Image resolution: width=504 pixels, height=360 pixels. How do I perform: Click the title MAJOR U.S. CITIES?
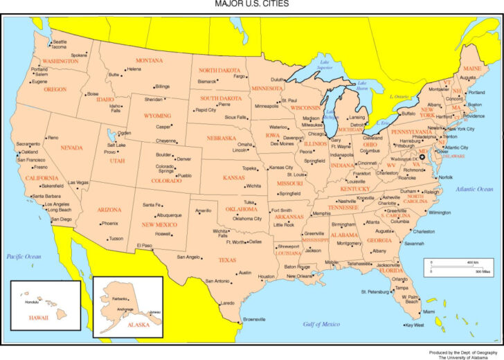click(x=251, y=4)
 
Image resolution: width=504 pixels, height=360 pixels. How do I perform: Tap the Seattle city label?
click(x=60, y=42)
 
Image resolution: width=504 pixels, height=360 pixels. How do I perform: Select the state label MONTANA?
click(x=150, y=61)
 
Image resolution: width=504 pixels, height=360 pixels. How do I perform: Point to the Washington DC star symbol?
click(x=422, y=157)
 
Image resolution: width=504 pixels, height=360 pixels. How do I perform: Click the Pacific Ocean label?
click(x=24, y=257)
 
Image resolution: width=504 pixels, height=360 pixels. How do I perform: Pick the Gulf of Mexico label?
click(x=321, y=323)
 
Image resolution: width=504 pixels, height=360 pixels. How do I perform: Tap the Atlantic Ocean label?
click(x=474, y=188)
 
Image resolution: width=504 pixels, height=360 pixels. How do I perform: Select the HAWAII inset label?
click(x=39, y=317)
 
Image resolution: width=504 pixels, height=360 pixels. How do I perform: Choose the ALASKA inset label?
click(x=138, y=323)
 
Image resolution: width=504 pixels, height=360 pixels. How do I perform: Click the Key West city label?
click(x=414, y=325)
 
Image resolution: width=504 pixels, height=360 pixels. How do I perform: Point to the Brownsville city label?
click(x=254, y=319)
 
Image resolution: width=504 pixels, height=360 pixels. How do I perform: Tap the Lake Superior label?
click(x=324, y=65)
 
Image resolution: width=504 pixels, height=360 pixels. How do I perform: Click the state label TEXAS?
click(x=227, y=260)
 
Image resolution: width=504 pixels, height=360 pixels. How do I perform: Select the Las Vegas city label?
click(x=78, y=183)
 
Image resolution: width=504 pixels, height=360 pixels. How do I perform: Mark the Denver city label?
click(x=184, y=159)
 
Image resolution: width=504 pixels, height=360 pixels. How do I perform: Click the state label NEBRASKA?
click(x=222, y=138)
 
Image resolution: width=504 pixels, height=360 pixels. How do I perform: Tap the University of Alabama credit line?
click(x=467, y=357)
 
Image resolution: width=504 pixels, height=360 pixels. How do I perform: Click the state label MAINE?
click(x=472, y=69)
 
